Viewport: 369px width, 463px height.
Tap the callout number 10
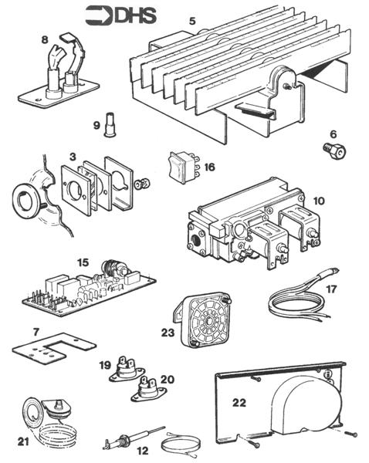click(319, 201)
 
